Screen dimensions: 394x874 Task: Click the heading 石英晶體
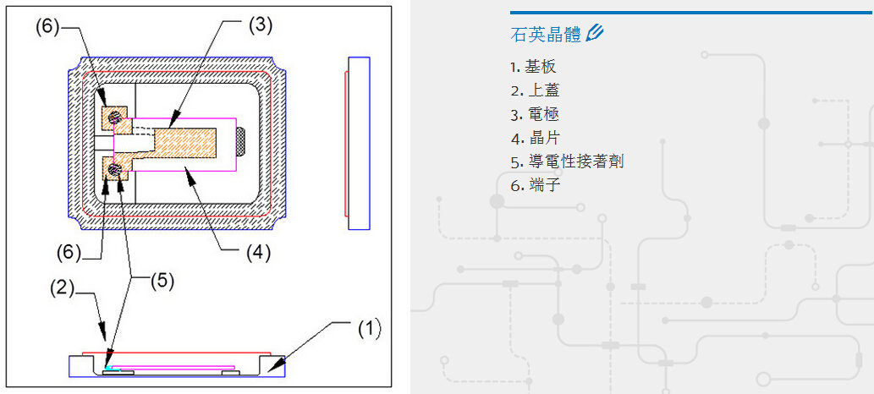(546, 35)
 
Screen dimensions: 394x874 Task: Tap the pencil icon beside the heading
(595, 34)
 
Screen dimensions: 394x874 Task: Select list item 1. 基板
(533, 67)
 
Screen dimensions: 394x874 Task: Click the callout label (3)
(260, 25)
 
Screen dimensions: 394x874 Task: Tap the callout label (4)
(260, 251)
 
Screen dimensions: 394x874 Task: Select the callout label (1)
(368, 328)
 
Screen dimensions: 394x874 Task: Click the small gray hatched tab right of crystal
(241, 141)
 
